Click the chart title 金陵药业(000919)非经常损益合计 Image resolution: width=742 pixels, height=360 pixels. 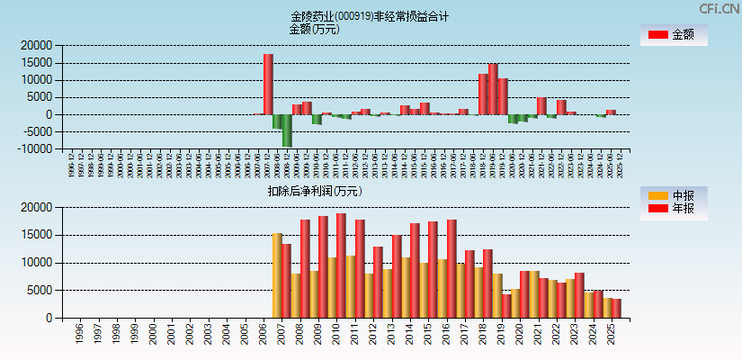[x=370, y=16]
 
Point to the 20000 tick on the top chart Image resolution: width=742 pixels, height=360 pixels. [x=37, y=45]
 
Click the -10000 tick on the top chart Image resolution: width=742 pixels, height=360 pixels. [x=34, y=149]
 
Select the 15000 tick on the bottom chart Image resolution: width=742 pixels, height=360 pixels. [x=37, y=236]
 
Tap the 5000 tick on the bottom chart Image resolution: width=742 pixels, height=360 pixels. [x=40, y=291]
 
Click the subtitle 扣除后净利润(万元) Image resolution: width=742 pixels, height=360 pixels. [x=314, y=191]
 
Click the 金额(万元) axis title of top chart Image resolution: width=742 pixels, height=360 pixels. [x=314, y=29]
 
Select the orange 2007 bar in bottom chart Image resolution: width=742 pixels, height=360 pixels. [x=277, y=275]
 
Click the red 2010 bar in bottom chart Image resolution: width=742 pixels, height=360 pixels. [x=341, y=265]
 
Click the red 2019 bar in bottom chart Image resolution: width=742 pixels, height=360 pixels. [x=506, y=306]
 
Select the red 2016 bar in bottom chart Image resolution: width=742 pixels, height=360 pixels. [x=451, y=268]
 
